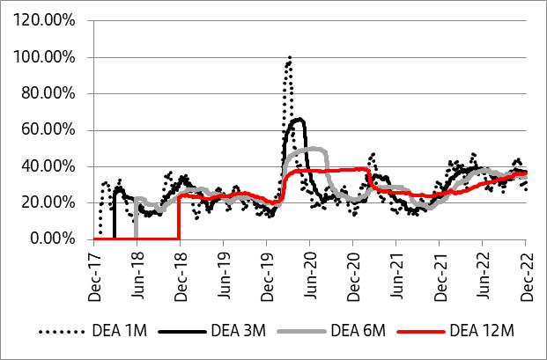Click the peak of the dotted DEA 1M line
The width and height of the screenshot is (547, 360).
[x=289, y=58]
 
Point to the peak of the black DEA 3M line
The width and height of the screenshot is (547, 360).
[x=300, y=119]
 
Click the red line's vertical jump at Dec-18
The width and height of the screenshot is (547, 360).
[x=179, y=217]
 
